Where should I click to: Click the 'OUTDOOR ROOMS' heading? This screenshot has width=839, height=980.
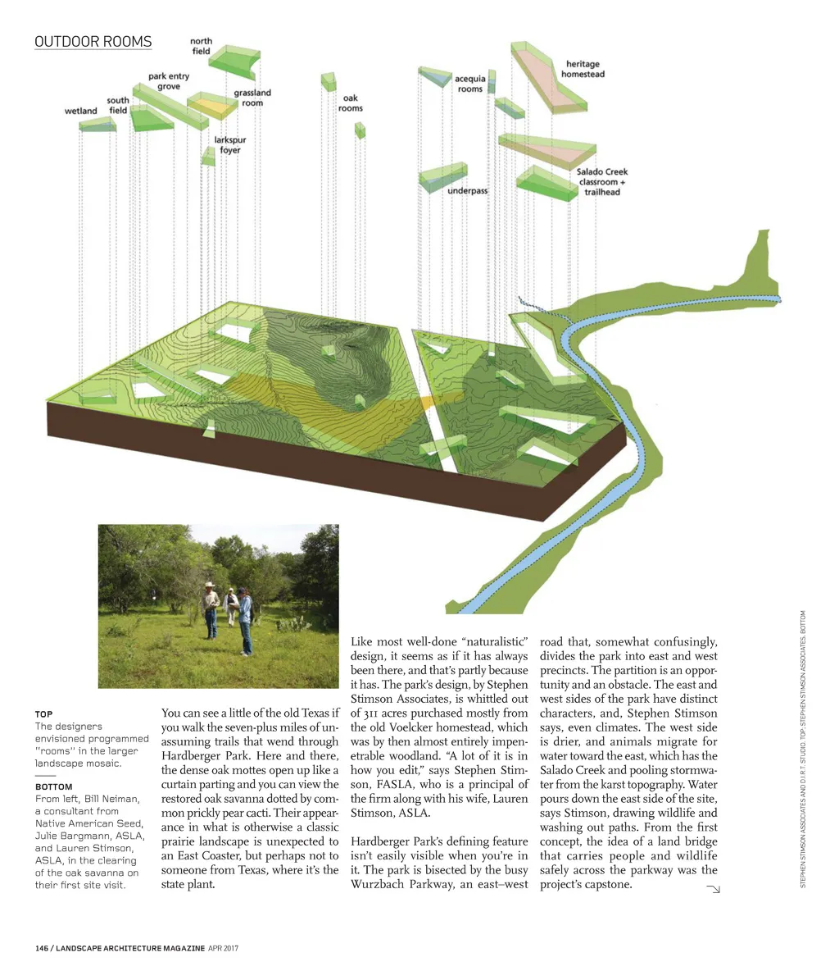point(93,42)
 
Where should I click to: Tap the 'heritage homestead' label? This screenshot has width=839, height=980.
point(583,69)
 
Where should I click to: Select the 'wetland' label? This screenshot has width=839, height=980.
point(81,111)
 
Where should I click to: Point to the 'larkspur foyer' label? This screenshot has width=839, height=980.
point(230,145)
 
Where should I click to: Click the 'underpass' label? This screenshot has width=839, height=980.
point(467,191)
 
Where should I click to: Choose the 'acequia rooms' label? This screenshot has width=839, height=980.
point(469,84)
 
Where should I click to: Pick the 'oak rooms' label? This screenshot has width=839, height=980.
point(350,103)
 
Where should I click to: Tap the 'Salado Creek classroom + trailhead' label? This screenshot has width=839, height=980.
point(601,182)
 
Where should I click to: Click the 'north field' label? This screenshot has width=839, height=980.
point(201,46)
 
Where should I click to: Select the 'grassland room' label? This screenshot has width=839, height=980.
point(252,98)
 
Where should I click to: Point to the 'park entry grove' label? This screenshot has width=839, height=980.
point(169,81)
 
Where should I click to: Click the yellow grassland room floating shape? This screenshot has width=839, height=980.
point(209,107)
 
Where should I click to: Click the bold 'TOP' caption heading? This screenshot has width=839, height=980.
point(43,714)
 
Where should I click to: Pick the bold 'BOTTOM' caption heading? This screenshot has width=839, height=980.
point(53,787)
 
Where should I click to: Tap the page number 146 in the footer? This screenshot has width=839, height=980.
point(42,948)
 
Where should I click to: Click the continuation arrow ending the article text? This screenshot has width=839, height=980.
point(712,889)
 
